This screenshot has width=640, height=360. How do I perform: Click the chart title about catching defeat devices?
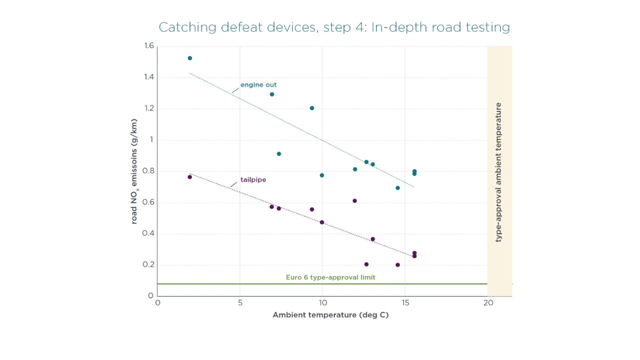click(x=334, y=27)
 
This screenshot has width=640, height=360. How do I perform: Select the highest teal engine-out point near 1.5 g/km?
click(x=190, y=58)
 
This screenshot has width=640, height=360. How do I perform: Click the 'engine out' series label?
click(x=258, y=85)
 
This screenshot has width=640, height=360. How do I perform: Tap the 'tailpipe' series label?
click(x=253, y=179)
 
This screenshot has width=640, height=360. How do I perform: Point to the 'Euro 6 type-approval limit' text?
click(x=330, y=277)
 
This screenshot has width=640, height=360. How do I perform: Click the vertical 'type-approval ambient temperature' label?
click(x=498, y=172)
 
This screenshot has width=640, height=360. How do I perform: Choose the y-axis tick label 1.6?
click(x=149, y=46)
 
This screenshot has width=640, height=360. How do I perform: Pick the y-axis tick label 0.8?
click(x=149, y=171)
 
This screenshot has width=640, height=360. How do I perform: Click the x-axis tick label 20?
click(x=488, y=302)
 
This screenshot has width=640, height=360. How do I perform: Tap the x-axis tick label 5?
click(x=240, y=302)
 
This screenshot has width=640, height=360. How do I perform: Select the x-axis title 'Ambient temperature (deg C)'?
click(x=330, y=315)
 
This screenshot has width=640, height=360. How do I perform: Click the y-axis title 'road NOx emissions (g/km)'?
click(x=134, y=171)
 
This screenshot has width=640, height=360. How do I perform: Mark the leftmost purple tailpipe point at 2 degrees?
click(x=189, y=177)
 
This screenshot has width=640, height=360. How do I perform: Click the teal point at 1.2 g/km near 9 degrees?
click(x=312, y=108)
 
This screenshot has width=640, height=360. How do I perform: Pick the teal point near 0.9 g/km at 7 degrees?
click(x=279, y=154)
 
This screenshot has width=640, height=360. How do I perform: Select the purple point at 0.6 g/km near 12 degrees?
click(x=355, y=201)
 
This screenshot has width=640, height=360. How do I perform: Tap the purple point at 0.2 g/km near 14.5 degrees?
click(x=398, y=265)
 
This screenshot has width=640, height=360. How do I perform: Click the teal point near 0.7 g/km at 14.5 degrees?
click(x=398, y=188)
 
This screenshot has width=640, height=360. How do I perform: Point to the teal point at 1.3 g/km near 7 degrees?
click(x=272, y=94)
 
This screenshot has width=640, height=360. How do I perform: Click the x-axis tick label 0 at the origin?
click(x=157, y=302)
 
